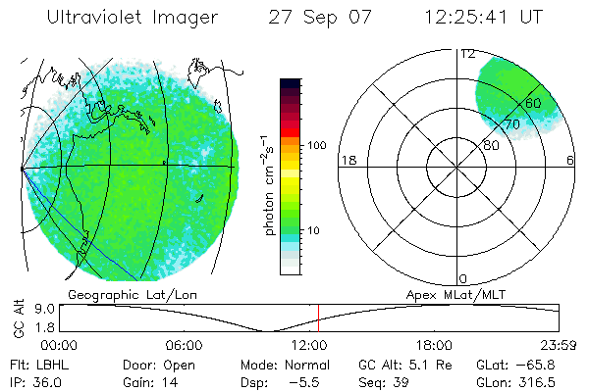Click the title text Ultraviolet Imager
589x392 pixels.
click(x=133, y=18)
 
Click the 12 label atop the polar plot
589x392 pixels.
click(x=467, y=54)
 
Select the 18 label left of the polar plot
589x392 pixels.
click(x=347, y=160)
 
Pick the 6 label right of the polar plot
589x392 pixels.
click(x=570, y=160)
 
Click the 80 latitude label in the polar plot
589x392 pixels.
click(x=491, y=145)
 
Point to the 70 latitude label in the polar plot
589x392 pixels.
click(x=511, y=124)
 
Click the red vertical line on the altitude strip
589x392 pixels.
click(x=318, y=318)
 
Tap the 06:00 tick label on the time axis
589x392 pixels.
click(x=184, y=345)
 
